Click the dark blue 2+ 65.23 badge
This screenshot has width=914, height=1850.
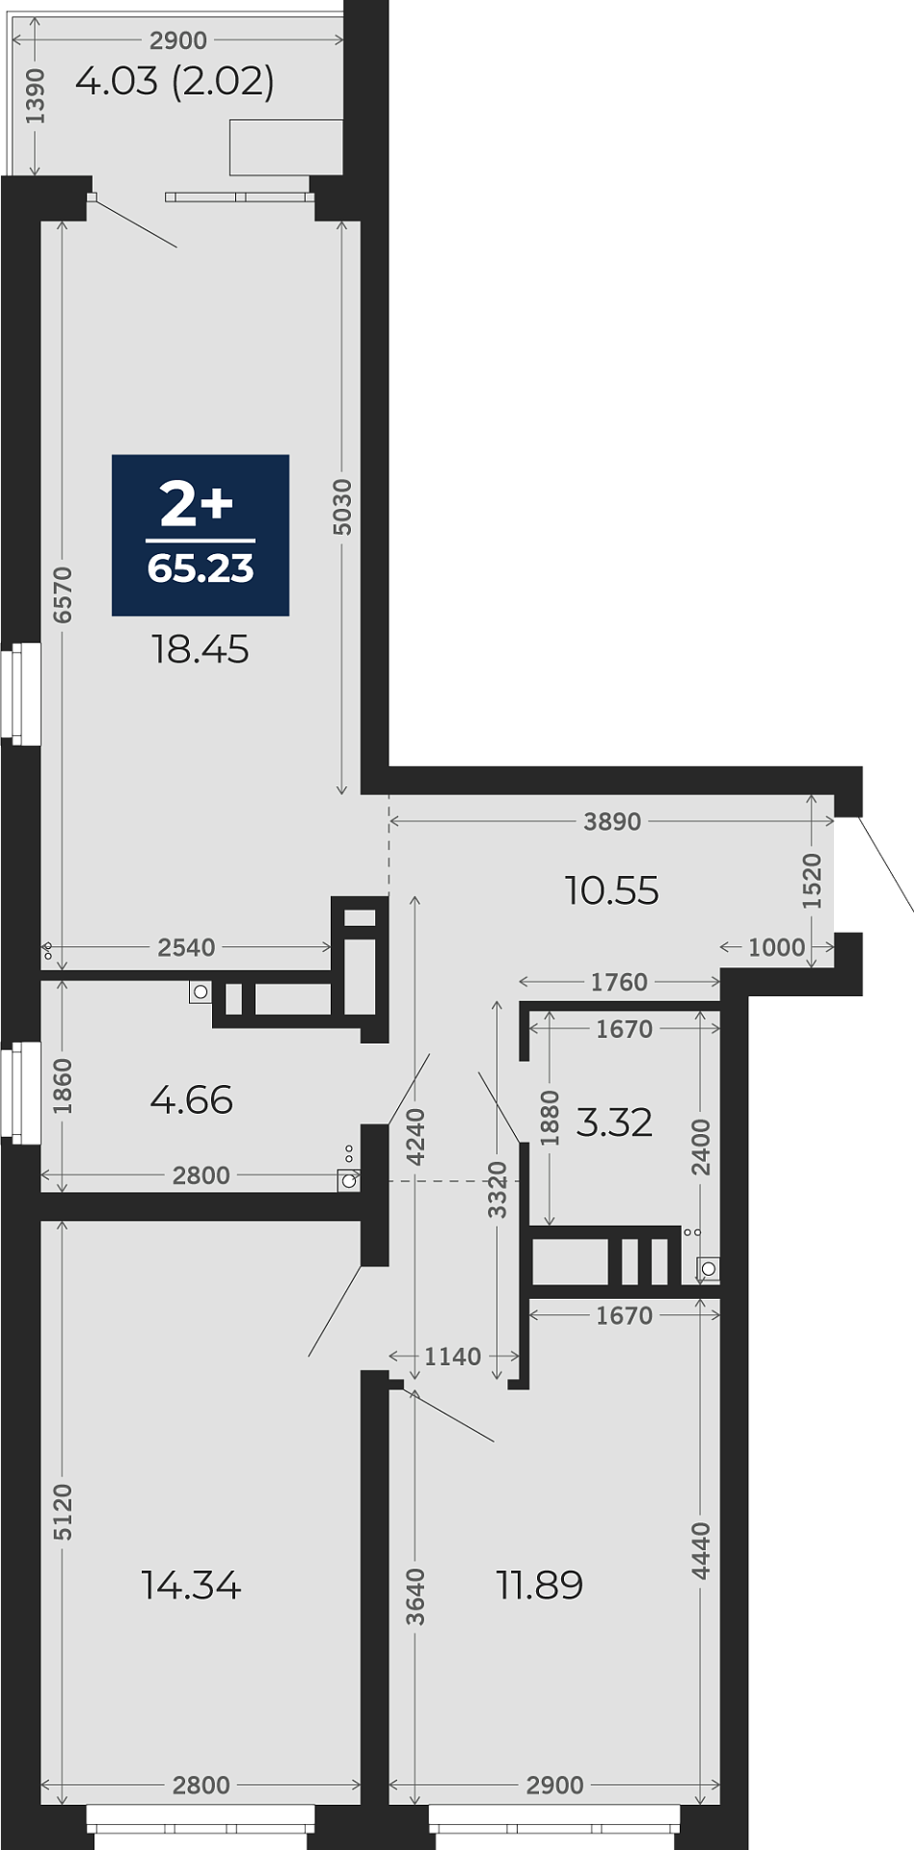click(201, 535)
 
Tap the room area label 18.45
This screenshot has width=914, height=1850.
click(201, 649)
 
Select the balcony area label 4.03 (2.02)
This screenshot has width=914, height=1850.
click(175, 81)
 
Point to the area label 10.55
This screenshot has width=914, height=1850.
click(612, 890)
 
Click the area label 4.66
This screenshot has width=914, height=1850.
click(192, 1099)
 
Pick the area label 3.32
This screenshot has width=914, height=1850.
click(614, 1123)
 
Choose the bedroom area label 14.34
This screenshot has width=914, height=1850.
click(191, 1585)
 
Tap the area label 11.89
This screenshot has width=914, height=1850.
click(540, 1585)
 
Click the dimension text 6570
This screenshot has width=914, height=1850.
click(63, 595)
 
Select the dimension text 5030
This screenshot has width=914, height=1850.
click(342, 507)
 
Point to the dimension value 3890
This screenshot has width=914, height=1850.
click(612, 822)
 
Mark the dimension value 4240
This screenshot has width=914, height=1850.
click(416, 1138)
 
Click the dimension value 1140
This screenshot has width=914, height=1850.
click(453, 1357)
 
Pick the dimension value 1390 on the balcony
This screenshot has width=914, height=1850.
click(36, 96)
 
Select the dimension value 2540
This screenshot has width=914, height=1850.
click(186, 947)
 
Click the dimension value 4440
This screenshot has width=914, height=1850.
click(701, 1551)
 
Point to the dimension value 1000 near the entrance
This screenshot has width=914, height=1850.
click(777, 947)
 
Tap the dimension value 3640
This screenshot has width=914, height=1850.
click(416, 1597)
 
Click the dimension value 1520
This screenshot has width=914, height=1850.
click(813, 881)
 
